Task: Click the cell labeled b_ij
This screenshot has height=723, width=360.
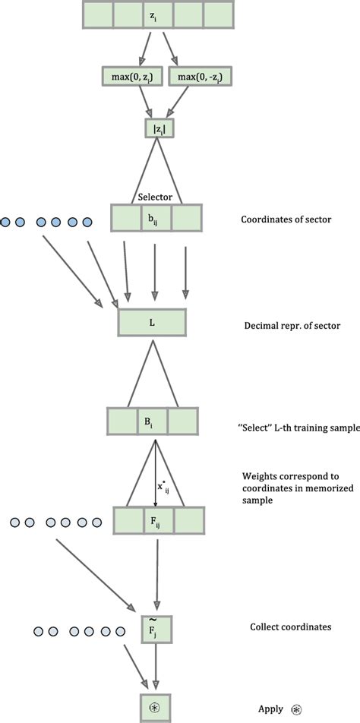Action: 156,219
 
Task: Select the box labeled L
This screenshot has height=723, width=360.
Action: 153,323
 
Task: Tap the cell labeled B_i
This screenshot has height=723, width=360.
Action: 153,421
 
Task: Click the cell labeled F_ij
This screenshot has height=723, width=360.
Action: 158,522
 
